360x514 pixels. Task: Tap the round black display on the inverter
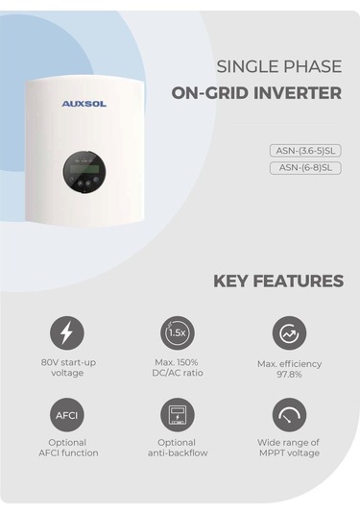point(87,169)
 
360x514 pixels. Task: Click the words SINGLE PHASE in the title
point(278,67)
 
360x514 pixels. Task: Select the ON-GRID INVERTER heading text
point(256,93)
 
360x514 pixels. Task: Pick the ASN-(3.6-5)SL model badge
point(305,150)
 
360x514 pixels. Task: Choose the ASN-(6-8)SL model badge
point(305,167)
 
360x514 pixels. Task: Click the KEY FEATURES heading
point(277,281)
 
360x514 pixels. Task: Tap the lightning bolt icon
point(67,333)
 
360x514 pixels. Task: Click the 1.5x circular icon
point(178,332)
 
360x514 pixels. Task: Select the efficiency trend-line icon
point(289,333)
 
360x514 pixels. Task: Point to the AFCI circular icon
point(67,415)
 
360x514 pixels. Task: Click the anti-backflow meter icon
point(178,415)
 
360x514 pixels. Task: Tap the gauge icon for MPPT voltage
point(289,415)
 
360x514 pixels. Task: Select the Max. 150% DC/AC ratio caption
point(178,367)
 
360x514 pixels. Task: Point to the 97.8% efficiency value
point(289,375)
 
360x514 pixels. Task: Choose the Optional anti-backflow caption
point(178,448)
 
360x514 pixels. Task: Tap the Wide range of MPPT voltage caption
point(289,448)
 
